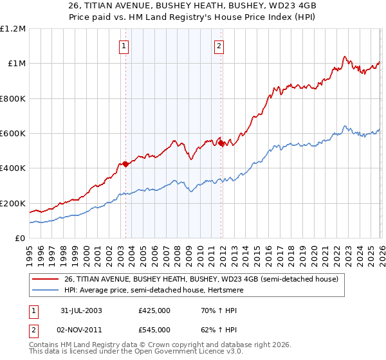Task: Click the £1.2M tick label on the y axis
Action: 14,29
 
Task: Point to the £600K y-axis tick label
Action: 14,134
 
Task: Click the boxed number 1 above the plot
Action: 124,46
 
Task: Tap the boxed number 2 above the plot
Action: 219,46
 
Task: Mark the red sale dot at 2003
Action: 125,164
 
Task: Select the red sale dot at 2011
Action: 221,143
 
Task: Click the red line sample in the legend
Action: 46,278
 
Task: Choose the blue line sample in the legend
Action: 46,289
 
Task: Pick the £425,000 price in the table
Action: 154,310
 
